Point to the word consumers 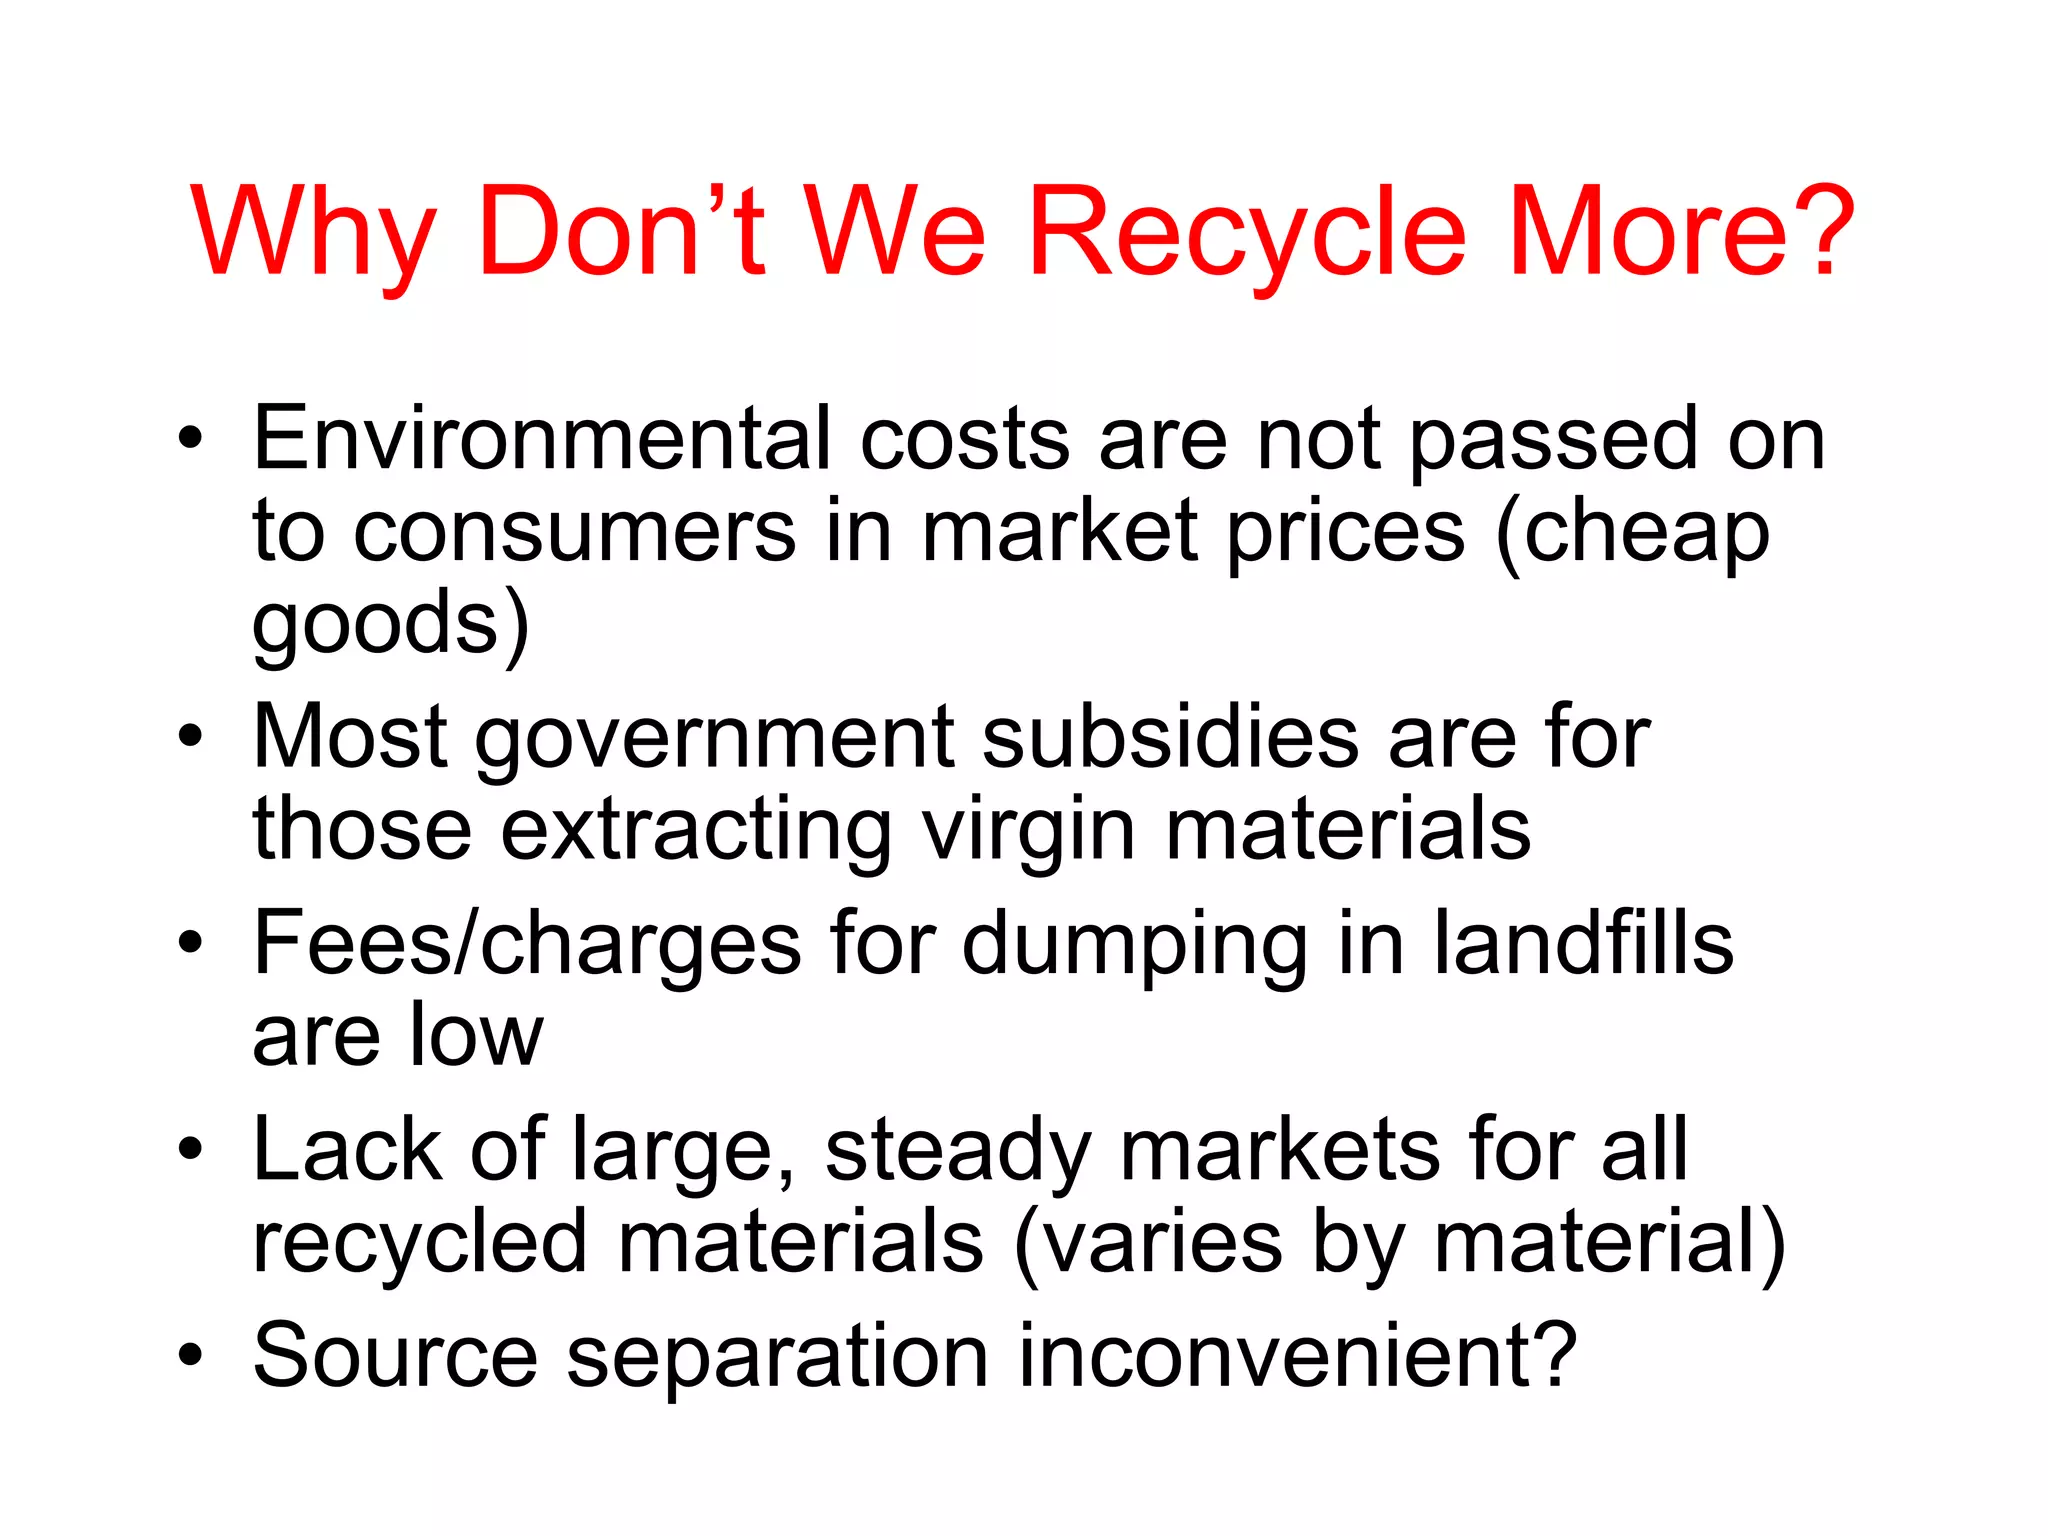(x=575, y=533)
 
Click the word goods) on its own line (x=391, y=625)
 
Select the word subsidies (x=1170, y=737)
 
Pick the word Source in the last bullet (x=395, y=1356)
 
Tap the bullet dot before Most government (x=190, y=738)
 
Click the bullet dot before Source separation (x=190, y=1356)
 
